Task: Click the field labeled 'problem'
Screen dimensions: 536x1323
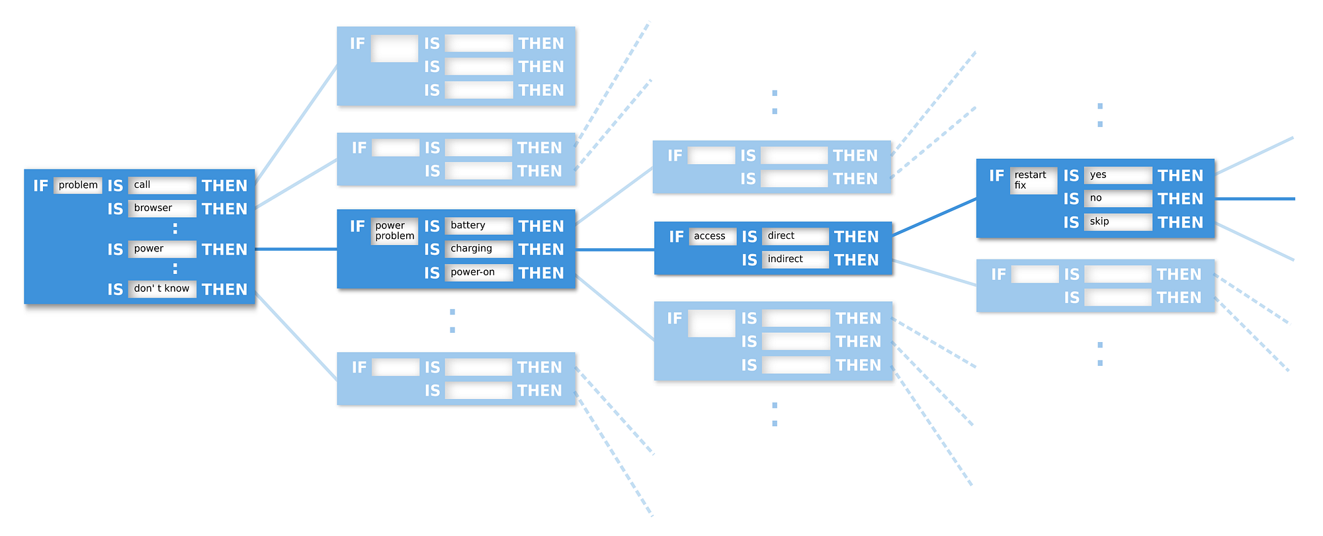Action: tap(78, 185)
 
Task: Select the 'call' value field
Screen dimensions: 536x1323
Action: tap(162, 185)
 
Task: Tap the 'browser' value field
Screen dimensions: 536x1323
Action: tap(162, 208)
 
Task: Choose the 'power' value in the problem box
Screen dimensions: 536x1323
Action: tap(162, 249)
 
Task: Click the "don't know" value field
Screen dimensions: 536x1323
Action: tap(162, 289)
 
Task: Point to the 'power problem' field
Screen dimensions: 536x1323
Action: tap(394, 231)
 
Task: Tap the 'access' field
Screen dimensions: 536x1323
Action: tap(712, 236)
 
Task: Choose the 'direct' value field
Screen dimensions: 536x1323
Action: tap(795, 236)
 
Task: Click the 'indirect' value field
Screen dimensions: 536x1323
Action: tap(795, 259)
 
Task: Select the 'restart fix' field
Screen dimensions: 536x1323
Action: tap(1034, 180)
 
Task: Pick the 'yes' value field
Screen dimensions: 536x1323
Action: tap(1118, 175)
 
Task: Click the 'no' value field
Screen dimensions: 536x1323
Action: tap(1118, 199)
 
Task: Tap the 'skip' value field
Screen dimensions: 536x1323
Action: tap(1118, 222)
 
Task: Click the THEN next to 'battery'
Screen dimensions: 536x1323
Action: tap(541, 226)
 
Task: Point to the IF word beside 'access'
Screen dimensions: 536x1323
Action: tap(676, 237)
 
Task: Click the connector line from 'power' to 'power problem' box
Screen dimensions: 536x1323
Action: tap(296, 249)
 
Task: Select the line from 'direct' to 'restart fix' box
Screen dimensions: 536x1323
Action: tap(934, 217)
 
